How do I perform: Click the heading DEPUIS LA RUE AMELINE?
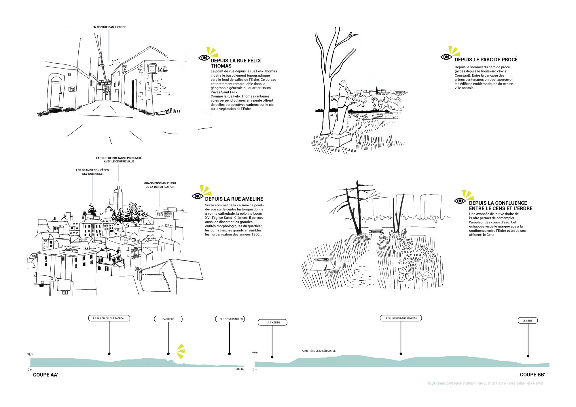click(x=234, y=199)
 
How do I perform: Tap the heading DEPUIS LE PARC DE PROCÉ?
click(x=486, y=60)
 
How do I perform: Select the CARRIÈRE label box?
click(x=168, y=319)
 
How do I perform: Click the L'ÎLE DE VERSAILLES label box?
click(x=230, y=319)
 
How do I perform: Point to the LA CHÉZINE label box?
click(x=273, y=322)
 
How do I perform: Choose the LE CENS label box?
click(x=528, y=320)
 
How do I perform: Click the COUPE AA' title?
click(x=46, y=375)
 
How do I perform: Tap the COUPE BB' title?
click(x=532, y=374)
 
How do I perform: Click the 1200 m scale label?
click(x=238, y=369)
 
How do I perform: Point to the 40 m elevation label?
click(x=255, y=352)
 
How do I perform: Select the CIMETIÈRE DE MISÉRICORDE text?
click(x=319, y=351)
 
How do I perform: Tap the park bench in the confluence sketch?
click(x=376, y=231)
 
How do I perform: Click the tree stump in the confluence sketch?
click(x=322, y=264)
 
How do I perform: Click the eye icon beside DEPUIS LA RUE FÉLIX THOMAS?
click(x=204, y=58)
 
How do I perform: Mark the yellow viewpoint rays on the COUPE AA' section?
click(x=181, y=351)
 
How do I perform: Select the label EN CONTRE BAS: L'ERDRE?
click(x=109, y=27)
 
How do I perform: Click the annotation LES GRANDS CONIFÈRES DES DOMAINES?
click(x=92, y=172)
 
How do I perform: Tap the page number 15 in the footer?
click(x=429, y=383)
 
